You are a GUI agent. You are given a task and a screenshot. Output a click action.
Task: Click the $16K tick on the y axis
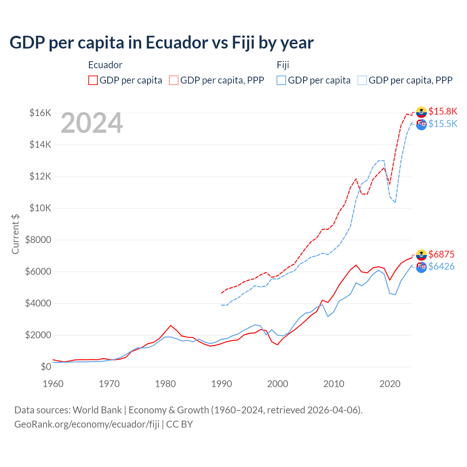(40, 113)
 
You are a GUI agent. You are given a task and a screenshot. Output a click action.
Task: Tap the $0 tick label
(46, 367)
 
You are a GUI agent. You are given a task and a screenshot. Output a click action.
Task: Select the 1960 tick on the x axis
(53, 384)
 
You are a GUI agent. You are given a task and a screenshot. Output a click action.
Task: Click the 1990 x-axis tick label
(221, 384)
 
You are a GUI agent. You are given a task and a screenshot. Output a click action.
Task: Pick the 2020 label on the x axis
(390, 384)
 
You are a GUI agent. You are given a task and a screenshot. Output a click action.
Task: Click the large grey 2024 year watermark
(92, 123)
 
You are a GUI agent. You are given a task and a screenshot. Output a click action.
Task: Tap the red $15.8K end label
(443, 111)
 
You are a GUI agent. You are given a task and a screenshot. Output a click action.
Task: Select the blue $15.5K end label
(443, 124)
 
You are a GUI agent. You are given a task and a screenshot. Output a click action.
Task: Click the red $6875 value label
(441, 254)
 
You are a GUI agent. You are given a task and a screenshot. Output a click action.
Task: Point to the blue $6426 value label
(441, 266)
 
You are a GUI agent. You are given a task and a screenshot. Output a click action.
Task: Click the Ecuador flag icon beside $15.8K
(421, 112)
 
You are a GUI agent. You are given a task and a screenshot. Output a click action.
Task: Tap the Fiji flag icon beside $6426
(421, 267)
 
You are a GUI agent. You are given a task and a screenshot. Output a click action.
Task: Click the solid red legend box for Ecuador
(93, 80)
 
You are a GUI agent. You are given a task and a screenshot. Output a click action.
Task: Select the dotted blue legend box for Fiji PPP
(362, 80)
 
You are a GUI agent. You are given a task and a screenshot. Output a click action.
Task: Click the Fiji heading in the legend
(283, 65)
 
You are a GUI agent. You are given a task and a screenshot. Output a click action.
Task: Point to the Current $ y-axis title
(15, 234)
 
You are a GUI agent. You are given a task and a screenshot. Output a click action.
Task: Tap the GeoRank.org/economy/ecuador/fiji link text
(87, 424)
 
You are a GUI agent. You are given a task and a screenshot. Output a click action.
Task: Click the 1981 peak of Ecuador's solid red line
(171, 325)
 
